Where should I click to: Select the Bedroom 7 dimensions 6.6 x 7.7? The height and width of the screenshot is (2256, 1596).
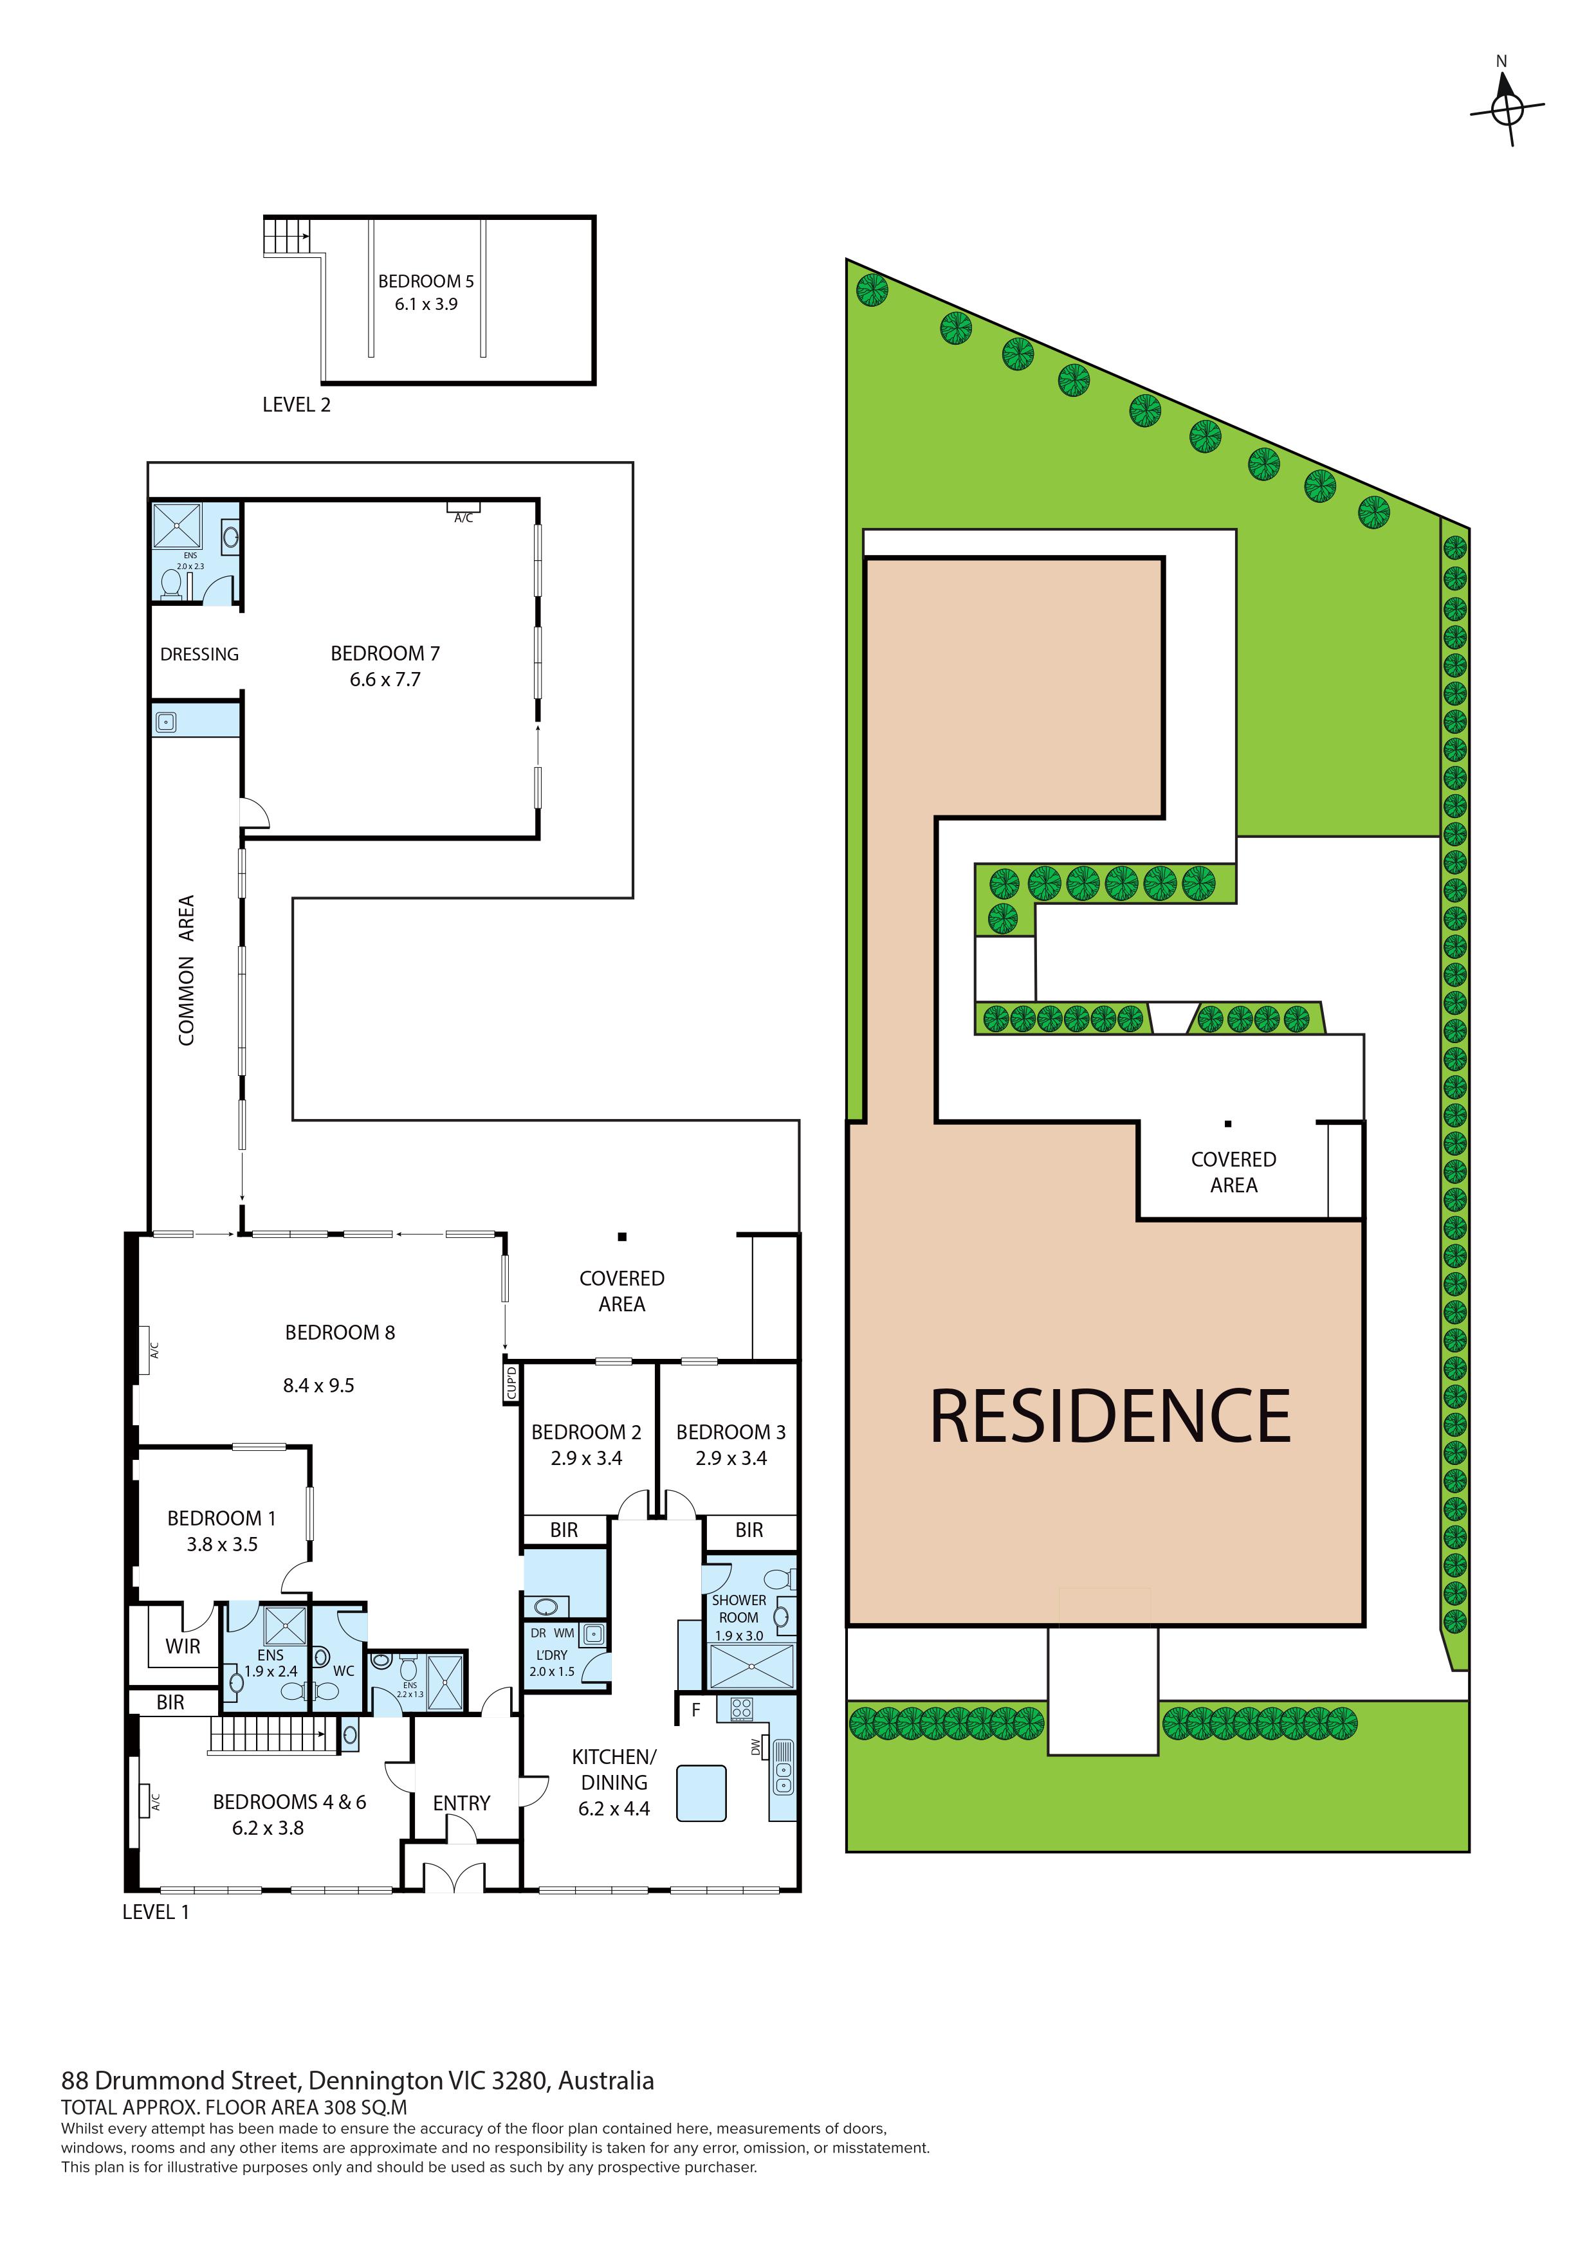coord(385,679)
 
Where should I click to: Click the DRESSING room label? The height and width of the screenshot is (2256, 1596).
coord(199,655)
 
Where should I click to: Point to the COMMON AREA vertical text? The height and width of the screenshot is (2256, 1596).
coord(186,970)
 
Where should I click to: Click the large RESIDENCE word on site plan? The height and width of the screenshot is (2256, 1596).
coord(1110,1417)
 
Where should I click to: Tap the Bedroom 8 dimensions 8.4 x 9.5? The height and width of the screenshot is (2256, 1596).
coord(318,1385)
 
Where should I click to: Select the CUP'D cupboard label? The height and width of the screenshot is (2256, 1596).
coord(511,1383)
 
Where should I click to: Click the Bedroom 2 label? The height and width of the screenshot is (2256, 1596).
coord(586,1433)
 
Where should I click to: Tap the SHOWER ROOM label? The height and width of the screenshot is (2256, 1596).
coord(739,1608)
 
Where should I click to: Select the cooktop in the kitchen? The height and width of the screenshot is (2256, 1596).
coord(742,1710)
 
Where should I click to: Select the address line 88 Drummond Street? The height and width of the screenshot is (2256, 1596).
coord(358,2081)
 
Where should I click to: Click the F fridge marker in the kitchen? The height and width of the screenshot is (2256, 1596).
coord(696,1710)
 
